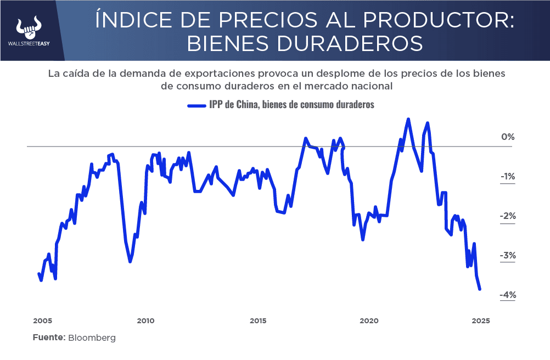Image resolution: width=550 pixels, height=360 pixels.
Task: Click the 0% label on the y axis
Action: [507, 137]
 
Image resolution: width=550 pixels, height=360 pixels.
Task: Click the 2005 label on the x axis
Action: [42, 321]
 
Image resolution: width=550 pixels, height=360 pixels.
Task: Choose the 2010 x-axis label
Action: [145, 321]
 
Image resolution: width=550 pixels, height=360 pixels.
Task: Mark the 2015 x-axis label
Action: [257, 321]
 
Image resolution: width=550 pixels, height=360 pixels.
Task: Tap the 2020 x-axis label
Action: [369, 321]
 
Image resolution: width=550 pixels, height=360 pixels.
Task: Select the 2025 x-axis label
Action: [480, 321]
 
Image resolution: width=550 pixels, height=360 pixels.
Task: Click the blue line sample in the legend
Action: [196, 105]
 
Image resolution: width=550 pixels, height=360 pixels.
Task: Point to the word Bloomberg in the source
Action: [92, 338]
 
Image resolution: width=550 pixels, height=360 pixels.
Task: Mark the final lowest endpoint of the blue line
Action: [480, 289]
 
